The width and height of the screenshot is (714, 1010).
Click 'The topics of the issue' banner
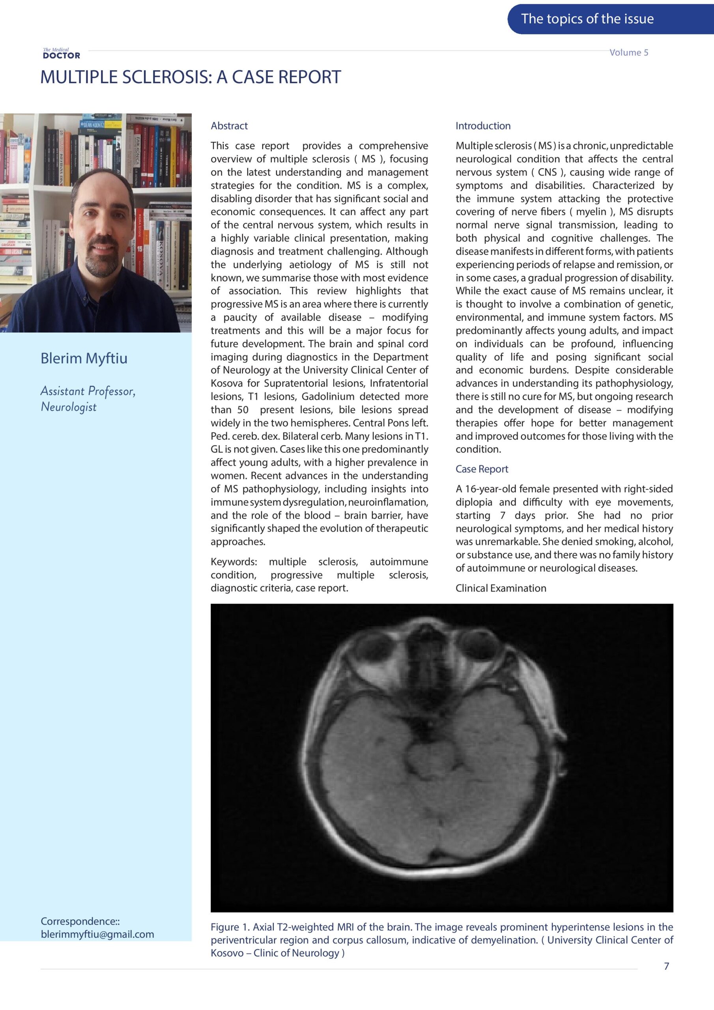tap(587, 19)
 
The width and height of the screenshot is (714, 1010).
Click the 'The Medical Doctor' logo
tap(62, 54)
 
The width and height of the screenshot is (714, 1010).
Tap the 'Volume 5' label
tap(629, 53)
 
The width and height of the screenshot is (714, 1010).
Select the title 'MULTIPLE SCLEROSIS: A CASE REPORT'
tap(191, 77)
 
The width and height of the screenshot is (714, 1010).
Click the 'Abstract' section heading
tap(229, 126)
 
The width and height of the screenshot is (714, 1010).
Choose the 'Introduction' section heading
tap(482, 126)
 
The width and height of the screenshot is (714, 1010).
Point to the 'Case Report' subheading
tap(481, 469)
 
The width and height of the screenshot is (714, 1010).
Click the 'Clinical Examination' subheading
tap(501, 589)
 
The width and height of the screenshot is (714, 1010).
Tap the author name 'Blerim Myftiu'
tap(84, 359)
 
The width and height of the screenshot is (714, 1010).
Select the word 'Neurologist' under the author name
tap(69, 407)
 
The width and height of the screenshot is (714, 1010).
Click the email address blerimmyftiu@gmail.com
tap(97, 934)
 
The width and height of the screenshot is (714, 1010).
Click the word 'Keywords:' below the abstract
tap(234, 562)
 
